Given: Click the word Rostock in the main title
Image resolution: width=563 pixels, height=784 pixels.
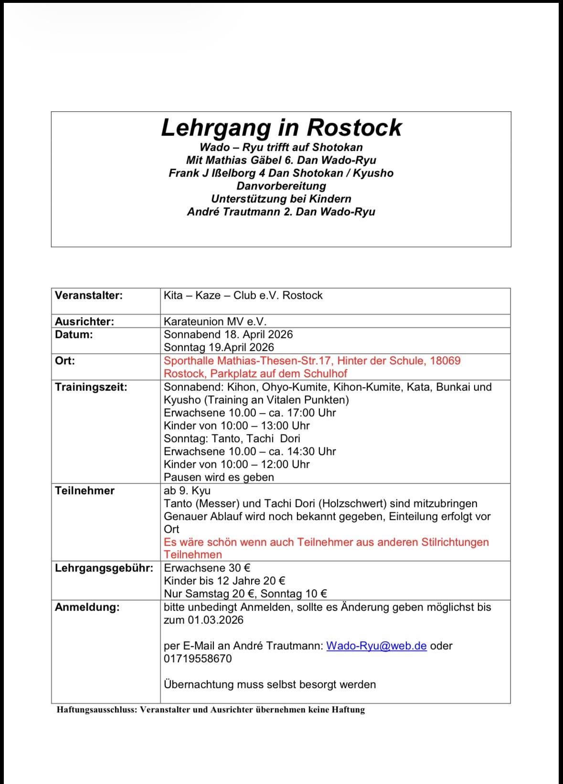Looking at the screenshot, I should point(354,127).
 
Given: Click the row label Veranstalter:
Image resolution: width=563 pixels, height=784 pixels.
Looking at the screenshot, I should point(89,296).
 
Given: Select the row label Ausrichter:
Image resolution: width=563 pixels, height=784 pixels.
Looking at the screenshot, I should point(85,321).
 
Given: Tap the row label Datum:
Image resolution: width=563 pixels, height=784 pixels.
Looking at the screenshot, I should point(74,335).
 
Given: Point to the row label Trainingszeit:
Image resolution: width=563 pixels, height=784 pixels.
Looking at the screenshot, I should point(91,387).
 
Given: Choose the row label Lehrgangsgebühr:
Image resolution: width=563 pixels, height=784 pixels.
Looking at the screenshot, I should point(104,568).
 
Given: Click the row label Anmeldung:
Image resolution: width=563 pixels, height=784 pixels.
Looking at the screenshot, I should point(87,607).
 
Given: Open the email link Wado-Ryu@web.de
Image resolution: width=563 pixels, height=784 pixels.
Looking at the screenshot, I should point(376,646).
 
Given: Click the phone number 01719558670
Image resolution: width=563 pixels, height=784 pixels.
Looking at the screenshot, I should point(198,659).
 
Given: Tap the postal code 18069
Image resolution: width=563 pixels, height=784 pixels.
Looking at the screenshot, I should point(445,361).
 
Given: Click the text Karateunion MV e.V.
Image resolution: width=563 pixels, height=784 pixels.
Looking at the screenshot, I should point(215,322).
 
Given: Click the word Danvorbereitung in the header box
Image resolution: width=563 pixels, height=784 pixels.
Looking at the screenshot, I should point(281,186).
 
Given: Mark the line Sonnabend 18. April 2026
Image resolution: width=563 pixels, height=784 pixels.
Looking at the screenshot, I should point(228,335).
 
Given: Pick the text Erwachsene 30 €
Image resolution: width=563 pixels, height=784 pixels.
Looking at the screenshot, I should point(207,568).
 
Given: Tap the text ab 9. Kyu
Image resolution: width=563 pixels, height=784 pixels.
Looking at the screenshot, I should point(187,491).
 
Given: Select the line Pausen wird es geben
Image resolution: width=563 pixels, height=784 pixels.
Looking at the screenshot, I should point(219,477).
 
